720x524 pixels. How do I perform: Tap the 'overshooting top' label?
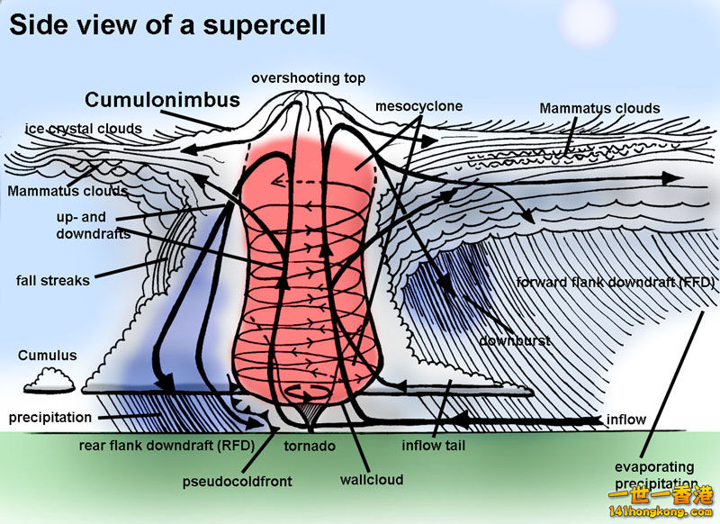309,77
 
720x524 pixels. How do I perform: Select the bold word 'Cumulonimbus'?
162,100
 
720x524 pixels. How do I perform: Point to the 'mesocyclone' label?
418,106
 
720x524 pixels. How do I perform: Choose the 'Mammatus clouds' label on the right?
599,108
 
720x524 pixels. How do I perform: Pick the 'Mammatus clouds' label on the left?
67,191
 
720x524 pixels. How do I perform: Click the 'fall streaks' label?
53,280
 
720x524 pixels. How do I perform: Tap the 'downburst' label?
514,341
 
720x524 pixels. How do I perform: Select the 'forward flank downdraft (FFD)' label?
616,282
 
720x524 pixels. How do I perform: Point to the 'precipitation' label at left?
50,418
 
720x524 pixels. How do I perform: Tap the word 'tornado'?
310,446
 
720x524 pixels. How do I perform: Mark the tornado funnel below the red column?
310,414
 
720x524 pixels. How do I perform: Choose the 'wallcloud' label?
373,480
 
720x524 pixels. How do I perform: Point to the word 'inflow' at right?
626,420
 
